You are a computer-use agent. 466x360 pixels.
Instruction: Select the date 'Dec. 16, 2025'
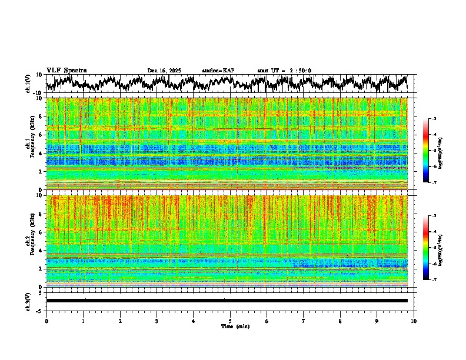164,71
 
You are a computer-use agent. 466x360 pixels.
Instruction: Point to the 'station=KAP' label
218,71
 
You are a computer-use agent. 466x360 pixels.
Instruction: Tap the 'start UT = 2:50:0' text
284,71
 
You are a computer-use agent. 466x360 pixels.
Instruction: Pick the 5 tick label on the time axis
230,321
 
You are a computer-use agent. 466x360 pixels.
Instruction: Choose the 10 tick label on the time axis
414,321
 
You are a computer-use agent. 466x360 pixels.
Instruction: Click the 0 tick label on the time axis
46,321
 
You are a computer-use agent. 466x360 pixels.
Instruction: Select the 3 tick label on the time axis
157,321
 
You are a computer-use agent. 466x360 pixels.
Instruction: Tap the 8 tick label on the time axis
340,321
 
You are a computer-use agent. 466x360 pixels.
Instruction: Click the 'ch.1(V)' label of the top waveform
28,84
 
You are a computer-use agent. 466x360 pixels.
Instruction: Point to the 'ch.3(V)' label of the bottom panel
28,300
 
